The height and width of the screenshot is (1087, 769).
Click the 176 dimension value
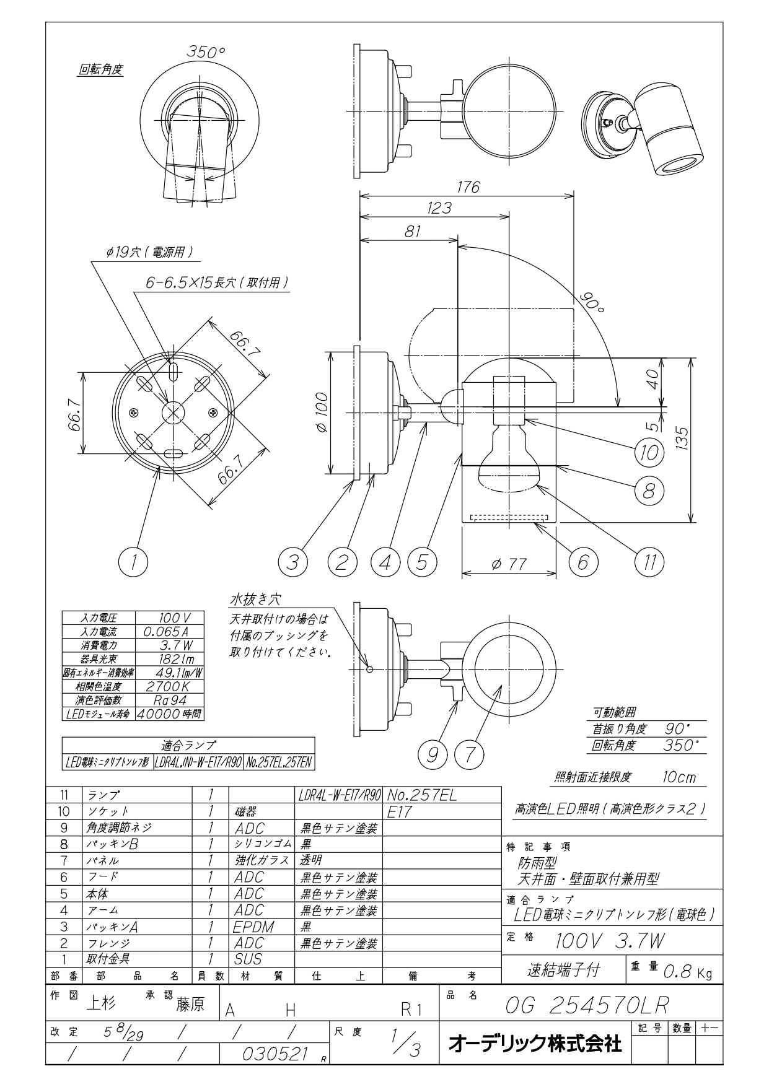(x=467, y=186)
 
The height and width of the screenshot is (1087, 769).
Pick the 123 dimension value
(x=439, y=208)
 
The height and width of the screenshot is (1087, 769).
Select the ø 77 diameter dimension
(x=509, y=564)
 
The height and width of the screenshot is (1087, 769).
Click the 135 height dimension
(x=682, y=439)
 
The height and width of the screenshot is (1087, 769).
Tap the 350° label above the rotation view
(x=206, y=53)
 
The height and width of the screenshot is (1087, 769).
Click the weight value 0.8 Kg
(x=688, y=972)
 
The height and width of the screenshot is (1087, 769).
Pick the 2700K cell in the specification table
(x=167, y=686)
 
